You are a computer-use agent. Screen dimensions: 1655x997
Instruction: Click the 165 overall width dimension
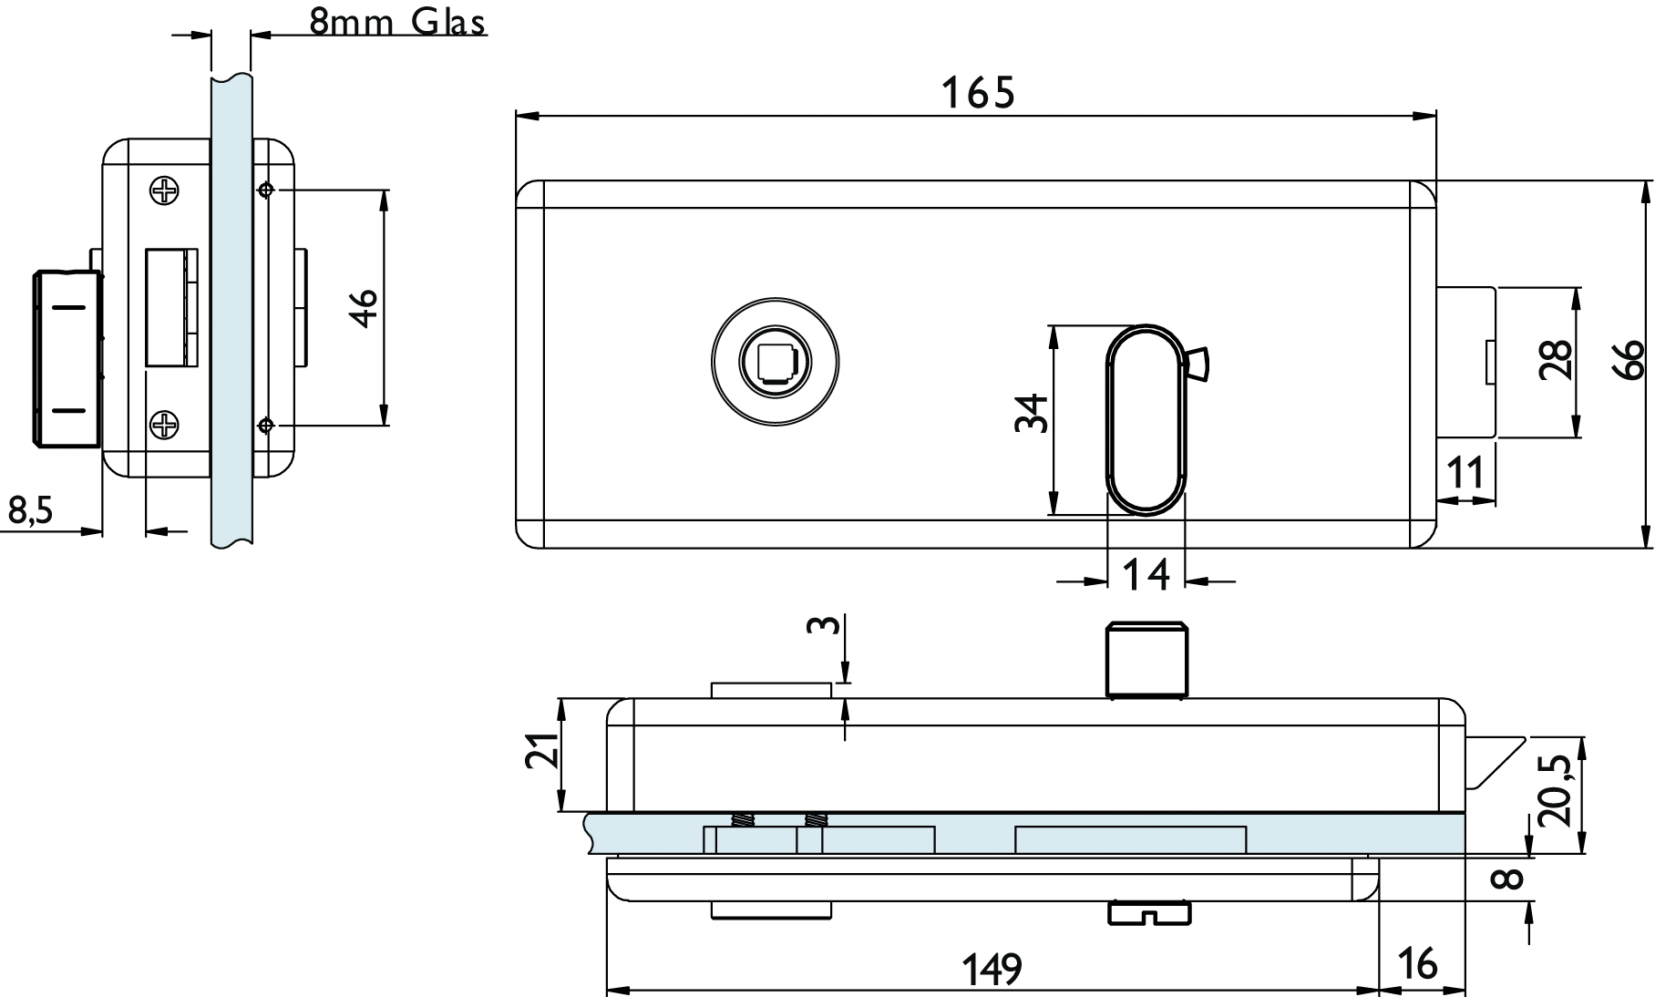tap(977, 93)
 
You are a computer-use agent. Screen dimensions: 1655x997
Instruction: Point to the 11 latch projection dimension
tap(1465, 474)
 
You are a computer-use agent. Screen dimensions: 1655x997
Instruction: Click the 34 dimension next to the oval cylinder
tap(1031, 413)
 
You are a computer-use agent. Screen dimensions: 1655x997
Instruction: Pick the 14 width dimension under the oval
tap(1146, 575)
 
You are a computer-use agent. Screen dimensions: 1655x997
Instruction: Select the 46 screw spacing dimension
tap(365, 307)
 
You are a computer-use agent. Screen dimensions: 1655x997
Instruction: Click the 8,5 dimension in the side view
tap(31, 511)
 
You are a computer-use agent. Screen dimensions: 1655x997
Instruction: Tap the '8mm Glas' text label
tap(397, 21)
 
